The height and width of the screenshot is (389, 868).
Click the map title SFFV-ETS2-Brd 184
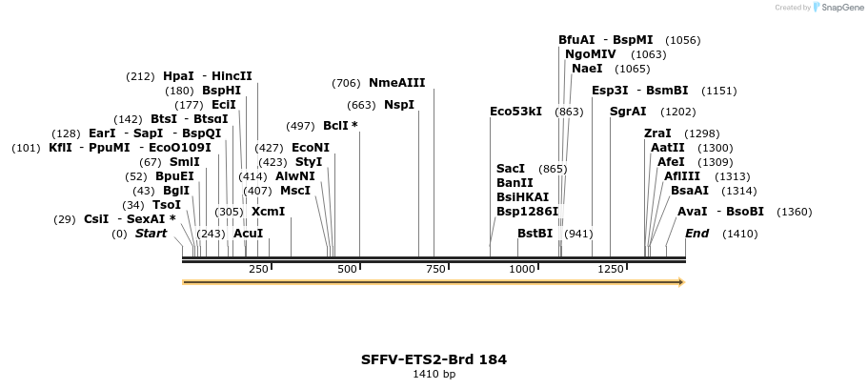tap(434, 359)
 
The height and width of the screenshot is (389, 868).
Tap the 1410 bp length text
tap(434, 375)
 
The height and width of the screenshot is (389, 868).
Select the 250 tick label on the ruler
tap(258, 270)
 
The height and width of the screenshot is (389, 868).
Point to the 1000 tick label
tap(522, 270)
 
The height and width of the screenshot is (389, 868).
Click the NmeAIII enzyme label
tap(397, 83)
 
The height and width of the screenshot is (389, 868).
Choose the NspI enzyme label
tap(399, 105)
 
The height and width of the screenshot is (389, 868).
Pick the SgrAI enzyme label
tap(628, 112)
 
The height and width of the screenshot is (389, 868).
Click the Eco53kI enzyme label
tap(515, 112)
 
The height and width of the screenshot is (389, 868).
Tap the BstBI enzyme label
tap(535, 234)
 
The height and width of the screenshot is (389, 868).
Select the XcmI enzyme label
tap(268, 212)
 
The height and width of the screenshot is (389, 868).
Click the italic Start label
tap(151, 234)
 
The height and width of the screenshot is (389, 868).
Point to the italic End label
tap(696, 234)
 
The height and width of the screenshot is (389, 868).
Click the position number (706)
tap(346, 83)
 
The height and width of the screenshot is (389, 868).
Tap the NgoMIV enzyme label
tap(590, 54)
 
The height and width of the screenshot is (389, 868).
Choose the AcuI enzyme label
tap(248, 234)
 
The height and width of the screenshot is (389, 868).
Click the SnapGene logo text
tap(838, 8)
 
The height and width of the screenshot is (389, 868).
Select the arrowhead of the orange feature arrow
tap(680, 282)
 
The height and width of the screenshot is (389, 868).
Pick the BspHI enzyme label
tap(221, 91)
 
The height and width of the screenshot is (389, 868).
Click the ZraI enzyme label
tap(657, 133)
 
